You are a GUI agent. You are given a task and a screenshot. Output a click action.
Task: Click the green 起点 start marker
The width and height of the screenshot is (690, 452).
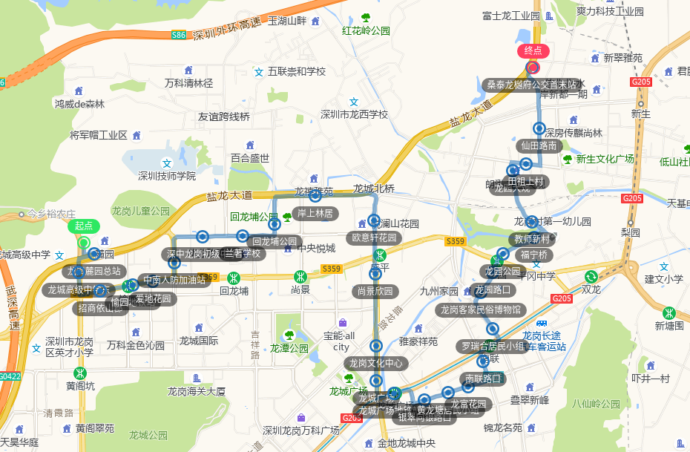(84, 226)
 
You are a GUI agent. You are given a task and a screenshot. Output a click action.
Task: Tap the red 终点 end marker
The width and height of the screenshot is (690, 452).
(533, 51)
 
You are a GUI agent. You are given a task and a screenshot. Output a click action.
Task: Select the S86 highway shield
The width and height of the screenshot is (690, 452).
(179, 35)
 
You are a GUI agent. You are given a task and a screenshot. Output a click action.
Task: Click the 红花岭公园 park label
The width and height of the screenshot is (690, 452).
(366, 31)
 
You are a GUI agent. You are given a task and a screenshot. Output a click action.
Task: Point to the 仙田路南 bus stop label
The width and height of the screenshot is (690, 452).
(539, 145)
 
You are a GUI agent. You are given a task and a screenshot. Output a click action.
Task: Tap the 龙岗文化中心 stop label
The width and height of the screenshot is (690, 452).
(376, 363)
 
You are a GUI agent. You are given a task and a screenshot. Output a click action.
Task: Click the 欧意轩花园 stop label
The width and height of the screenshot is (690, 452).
(374, 238)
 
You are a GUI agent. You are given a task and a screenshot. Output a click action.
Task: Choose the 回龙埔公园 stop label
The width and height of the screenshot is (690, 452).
(275, 241)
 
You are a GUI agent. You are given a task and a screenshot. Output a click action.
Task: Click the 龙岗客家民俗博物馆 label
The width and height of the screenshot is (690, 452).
(481, 309)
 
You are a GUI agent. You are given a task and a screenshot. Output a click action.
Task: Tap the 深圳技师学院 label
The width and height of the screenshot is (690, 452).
(167, 176)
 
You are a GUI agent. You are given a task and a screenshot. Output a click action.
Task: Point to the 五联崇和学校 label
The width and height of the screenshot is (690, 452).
(297, 72)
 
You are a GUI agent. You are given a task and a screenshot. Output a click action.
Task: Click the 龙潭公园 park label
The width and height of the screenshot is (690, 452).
(289, 347)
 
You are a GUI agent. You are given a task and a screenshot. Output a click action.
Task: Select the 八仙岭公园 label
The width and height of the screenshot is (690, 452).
(596, 404)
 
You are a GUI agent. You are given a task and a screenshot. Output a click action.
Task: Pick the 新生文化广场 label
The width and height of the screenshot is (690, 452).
(605, 159)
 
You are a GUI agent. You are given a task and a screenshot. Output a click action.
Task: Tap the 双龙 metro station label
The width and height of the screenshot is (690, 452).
(591, 289)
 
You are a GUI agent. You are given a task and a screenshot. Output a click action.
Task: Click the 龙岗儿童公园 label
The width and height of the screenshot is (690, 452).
(140, 211)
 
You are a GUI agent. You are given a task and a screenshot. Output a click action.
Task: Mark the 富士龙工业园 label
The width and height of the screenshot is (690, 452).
(510, 16)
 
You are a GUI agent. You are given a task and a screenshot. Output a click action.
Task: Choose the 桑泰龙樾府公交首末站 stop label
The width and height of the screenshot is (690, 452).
(531, 85)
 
